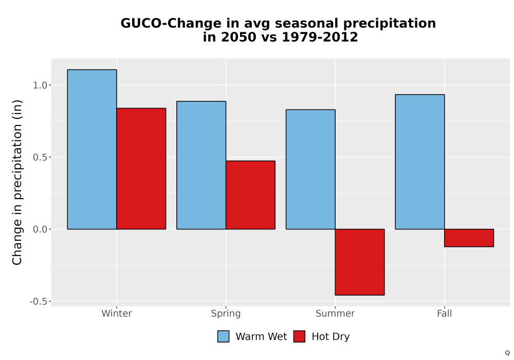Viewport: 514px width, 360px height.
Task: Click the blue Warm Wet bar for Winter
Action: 92,149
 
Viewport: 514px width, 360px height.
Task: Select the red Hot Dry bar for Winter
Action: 141,169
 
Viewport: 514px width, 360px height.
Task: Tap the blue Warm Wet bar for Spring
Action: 201,165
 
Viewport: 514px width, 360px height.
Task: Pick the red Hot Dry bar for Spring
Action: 250,195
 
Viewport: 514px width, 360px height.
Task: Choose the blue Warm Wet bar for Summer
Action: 310,169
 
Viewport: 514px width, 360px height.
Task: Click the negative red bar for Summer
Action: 360,262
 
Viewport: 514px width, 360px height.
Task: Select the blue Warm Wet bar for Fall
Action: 420,161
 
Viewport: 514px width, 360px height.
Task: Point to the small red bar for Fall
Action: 469,238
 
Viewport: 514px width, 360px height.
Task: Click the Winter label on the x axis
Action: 117,313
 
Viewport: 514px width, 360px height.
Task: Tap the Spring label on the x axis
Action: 226,314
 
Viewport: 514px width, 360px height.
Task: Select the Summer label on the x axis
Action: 335,313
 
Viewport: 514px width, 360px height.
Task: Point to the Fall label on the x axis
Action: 445,313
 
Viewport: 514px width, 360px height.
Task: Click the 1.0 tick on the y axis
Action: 40,85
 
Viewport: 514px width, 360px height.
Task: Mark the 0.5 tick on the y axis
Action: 40,157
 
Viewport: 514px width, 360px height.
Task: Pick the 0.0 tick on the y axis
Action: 40,229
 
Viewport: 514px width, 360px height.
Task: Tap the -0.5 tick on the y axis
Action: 39,301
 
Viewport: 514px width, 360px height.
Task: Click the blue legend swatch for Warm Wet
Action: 223,336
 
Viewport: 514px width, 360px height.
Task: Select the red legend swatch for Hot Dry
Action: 299,336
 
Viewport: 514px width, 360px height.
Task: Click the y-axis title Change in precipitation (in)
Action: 17,182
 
